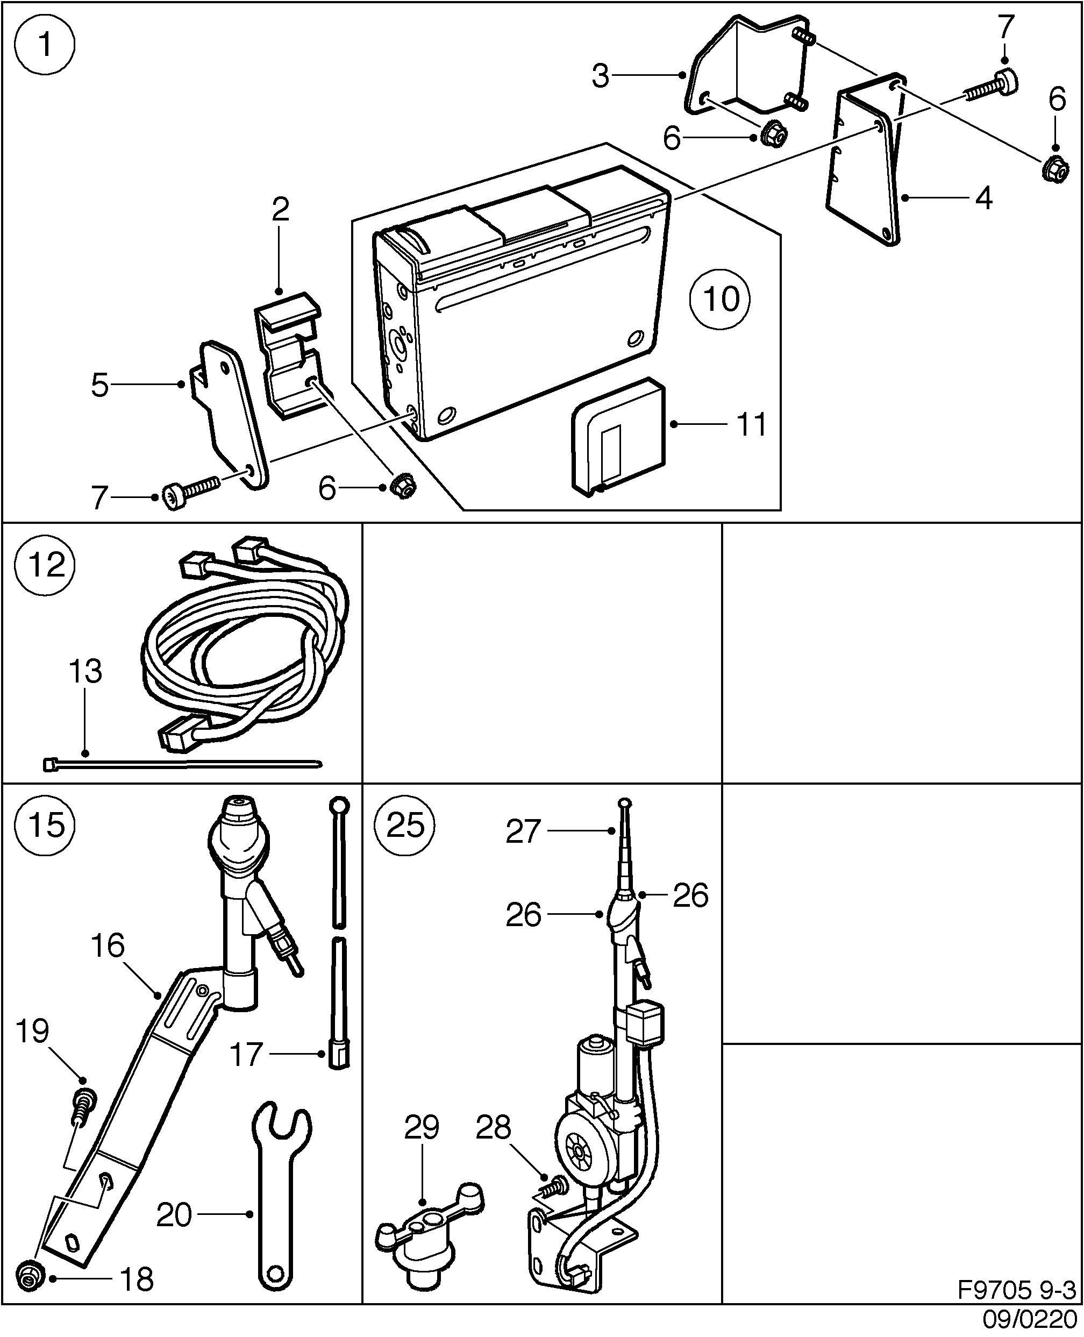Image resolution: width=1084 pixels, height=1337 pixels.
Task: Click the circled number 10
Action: (720, 299)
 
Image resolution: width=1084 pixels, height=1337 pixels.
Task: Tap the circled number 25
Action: (405, 825)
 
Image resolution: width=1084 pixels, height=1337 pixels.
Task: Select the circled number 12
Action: (45, 565)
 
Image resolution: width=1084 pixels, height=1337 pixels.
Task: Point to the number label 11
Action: (751, 425)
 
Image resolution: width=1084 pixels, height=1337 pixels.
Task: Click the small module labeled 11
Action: (618, 437)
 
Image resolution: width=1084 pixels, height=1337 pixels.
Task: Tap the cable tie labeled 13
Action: (181, 763)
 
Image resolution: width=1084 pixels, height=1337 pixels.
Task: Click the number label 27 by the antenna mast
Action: (522, 831)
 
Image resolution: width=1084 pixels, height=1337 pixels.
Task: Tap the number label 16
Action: (108, 945)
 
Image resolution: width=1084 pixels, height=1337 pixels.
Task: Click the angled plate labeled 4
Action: (865, 169)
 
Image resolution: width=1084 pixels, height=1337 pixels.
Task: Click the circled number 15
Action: (45, 825)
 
